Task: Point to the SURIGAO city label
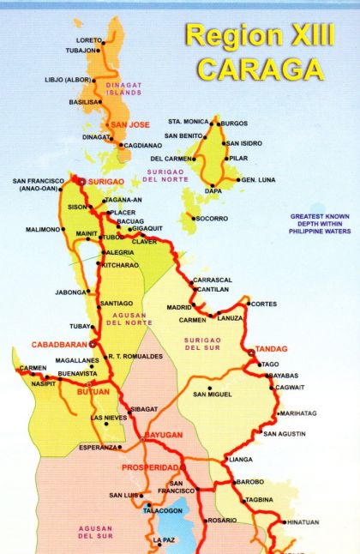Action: (x=106, y=182)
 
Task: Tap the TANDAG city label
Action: (x=273, y=349)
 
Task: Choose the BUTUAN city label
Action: (x=93, y=391)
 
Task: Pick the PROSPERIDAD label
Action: (x=150, y=467)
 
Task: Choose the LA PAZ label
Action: (x=164, y=540)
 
